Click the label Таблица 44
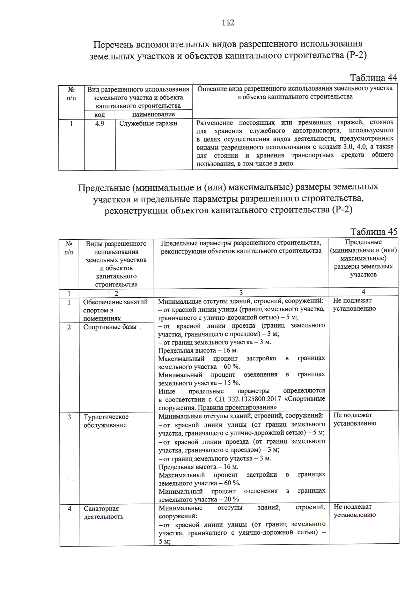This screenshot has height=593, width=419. point(373,78)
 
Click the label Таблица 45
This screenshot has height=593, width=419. point(374,232)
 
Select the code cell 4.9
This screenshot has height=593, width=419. point(100,123)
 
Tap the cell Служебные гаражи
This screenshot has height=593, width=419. point(148,123)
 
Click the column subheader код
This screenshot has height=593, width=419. point(100,115)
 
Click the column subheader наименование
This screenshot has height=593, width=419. point(154,114)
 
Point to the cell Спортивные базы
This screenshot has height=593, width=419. point(110,327)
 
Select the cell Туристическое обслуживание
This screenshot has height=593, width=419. point(106,421)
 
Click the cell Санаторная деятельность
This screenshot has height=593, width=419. point(103,513)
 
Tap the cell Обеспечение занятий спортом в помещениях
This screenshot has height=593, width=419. point(115,310)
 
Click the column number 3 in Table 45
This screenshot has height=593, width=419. point(241,292)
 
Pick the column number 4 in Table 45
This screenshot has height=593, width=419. point(363,292)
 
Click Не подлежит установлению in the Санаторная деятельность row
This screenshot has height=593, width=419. point(354,511)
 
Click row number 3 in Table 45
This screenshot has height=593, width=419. point(69,417)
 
